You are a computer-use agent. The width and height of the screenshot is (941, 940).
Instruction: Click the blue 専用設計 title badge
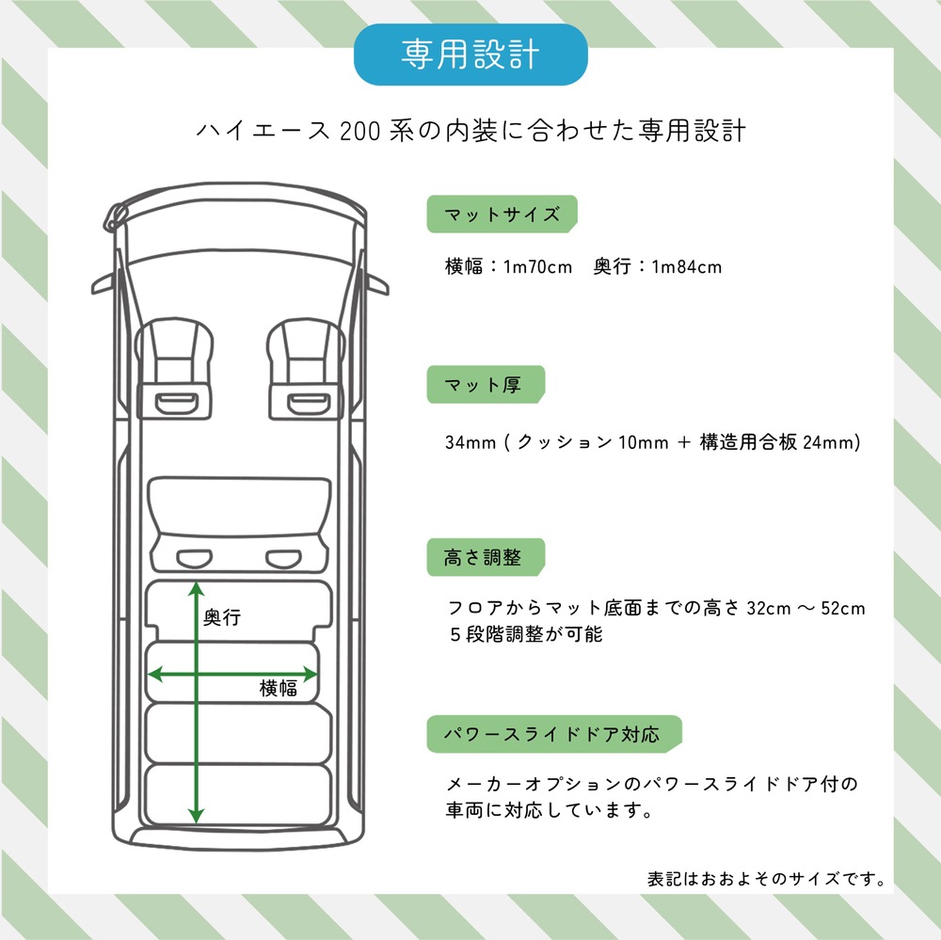[x=470, y=55]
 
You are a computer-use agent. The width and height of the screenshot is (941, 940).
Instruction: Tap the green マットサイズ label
[x=502, y=214]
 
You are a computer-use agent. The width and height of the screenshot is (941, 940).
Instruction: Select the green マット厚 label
[x=486, y=384]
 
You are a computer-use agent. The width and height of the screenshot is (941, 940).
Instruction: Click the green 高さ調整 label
[x=486, y=557]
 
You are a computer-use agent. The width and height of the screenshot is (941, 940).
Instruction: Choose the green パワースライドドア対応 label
[x=554, y=734]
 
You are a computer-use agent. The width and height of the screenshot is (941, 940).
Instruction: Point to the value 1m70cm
[x=537, y=266]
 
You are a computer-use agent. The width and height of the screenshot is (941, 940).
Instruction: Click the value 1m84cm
[x=687, y=266]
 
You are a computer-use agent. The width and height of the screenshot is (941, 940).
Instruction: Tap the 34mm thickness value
[x=470, y=442]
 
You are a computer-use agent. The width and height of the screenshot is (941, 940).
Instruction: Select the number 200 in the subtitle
[x=360, y=131]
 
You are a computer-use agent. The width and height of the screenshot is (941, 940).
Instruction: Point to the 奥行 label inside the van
[x=222, y=617]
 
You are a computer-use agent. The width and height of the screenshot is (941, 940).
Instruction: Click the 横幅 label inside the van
[x=279, y=688]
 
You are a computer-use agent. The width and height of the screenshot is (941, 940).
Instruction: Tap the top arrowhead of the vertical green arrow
[x=197, y=588]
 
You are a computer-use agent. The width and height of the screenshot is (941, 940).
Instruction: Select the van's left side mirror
[x=103, y=284]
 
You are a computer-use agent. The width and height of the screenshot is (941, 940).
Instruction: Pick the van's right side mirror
[x=377, y=284]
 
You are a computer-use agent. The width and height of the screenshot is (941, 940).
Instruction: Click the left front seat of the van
[x=174, y=369]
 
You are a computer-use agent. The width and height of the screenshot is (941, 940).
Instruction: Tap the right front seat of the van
[x=306, y=369]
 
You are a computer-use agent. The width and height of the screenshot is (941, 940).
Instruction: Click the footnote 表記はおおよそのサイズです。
[x=766, y=879]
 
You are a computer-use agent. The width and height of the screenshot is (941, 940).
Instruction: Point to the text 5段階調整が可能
[x=526, y=634]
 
